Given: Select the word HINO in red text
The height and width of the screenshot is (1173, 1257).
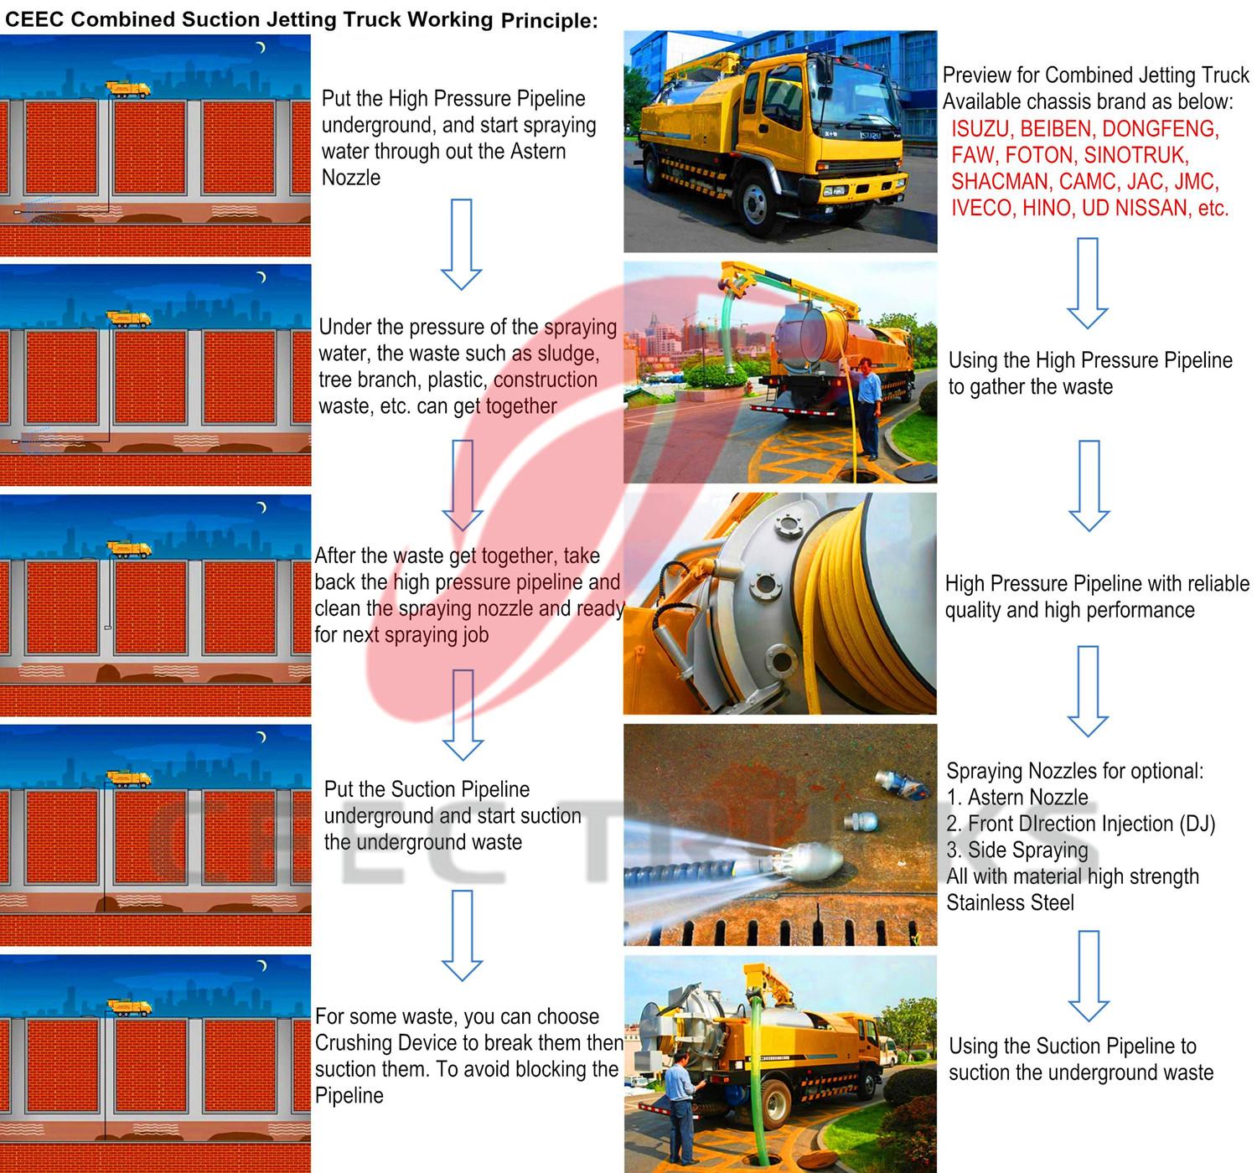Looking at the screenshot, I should click(x=1047, y=208).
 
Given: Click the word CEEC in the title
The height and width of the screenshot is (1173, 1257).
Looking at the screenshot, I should click(x=34, y=20).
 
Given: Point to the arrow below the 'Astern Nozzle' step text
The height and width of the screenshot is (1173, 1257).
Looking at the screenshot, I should click(x=461, y=244).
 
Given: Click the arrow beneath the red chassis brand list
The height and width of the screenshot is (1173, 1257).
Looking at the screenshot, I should click(x=1087, y=282).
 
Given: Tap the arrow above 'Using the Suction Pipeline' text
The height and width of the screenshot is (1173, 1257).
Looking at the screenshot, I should click(x=1088, y=974).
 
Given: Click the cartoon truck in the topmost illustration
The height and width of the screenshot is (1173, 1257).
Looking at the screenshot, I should click(x=128, y=89).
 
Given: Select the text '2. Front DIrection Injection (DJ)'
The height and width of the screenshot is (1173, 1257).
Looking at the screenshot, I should click(x=1080, y=824).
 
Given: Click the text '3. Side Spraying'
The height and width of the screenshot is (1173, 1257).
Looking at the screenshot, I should click(x=1016, y=850).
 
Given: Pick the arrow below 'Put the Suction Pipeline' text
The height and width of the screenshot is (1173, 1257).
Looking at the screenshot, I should click(x=462, y=935).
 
